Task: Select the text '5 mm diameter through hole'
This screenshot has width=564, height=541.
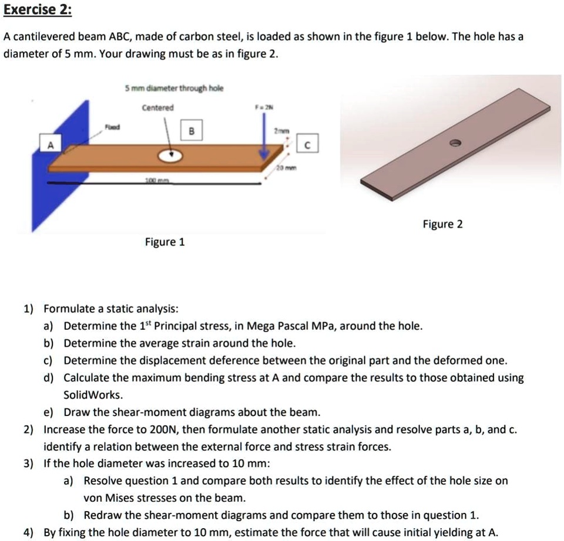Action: coord(174,88)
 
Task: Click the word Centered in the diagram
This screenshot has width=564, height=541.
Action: coord(157,108)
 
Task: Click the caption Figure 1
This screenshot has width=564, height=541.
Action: coord(165,242)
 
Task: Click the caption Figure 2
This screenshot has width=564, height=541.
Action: coord(442,224)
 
